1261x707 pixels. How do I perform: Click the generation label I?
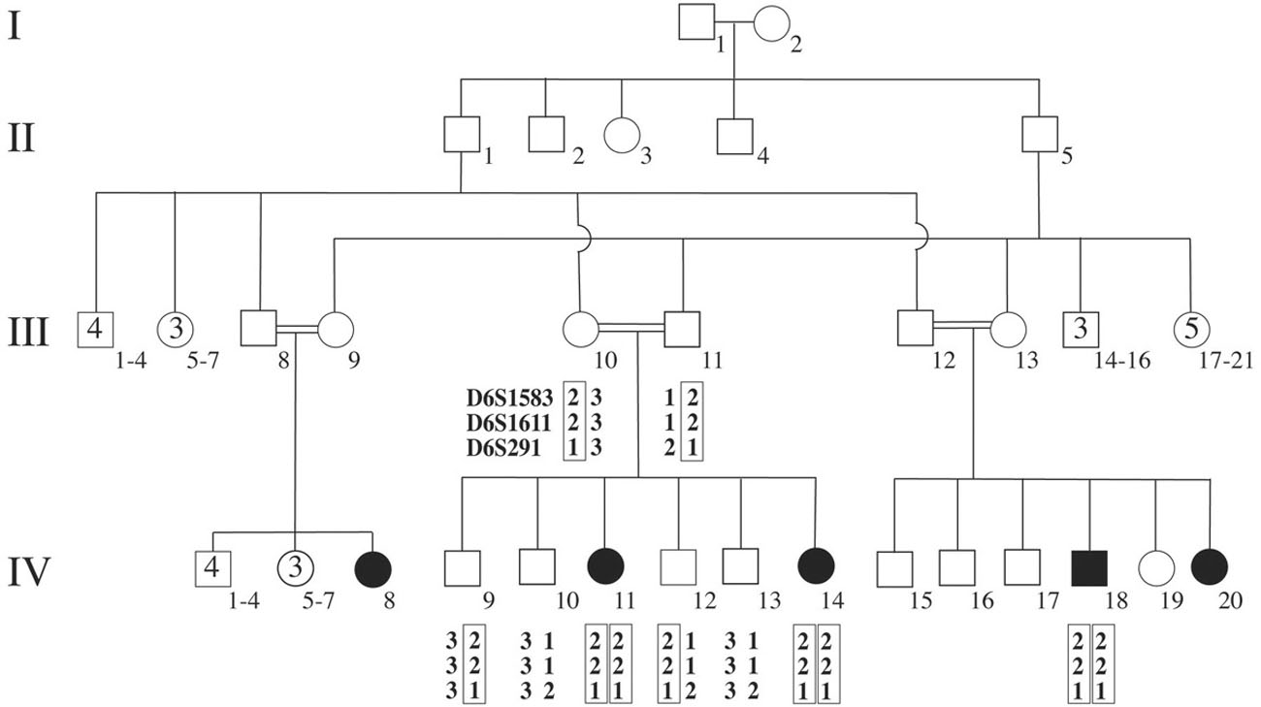[x=15, y=26]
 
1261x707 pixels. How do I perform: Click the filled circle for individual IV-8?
[x=373, y=568]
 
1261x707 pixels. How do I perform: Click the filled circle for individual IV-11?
[x=605, y=568]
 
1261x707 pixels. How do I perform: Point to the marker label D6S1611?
[x=508, y=422]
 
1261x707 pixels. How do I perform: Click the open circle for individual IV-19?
[x=1155, y=568]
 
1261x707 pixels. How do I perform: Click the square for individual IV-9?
[x=462, y=568]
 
